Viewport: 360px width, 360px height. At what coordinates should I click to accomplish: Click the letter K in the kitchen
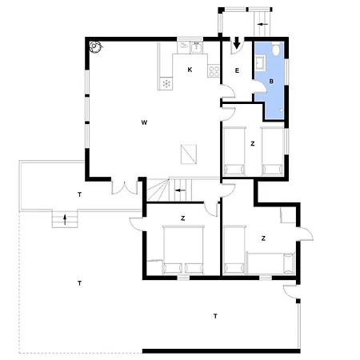pos(190,70)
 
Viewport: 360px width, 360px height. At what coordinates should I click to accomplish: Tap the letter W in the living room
pos(144,122)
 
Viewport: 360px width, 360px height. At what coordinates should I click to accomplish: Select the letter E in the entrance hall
pos(237,70)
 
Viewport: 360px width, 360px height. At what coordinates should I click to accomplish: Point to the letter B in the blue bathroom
pos(271,82)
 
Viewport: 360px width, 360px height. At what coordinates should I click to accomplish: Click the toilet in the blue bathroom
pos(276,49)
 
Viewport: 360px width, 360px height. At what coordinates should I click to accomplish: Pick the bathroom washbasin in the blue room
pos(260,63)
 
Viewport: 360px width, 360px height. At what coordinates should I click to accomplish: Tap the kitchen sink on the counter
pos(197,47)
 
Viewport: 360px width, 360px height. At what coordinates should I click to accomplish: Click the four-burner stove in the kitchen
pos(214,71)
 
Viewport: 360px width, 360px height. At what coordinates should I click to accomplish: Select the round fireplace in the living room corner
pos(95,47)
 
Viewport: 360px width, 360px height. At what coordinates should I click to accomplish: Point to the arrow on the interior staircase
pos(180,190)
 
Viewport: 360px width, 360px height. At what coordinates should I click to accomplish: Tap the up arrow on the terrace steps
pos(65,220)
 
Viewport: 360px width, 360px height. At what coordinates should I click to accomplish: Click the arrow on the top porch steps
pos(262,24)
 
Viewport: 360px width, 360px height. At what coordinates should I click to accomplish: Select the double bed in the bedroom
pos(183,250)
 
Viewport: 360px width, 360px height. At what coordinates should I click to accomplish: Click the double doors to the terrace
pos(125,187)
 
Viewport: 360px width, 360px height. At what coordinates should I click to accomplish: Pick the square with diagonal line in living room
pos(189,154)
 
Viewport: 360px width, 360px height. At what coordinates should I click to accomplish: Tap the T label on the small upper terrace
pos(79,194)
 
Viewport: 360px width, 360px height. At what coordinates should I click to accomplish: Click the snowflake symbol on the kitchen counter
pos(166,83)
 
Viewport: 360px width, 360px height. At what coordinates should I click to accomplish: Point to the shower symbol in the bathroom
pos(281,110)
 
